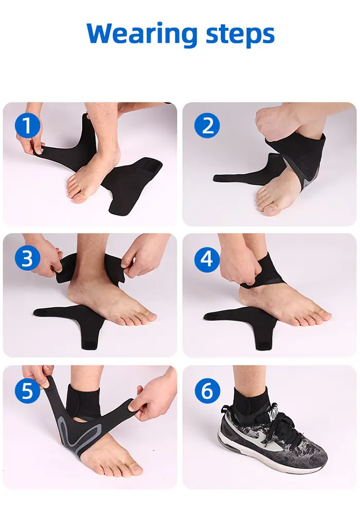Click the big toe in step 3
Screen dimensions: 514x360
pos(149,316)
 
